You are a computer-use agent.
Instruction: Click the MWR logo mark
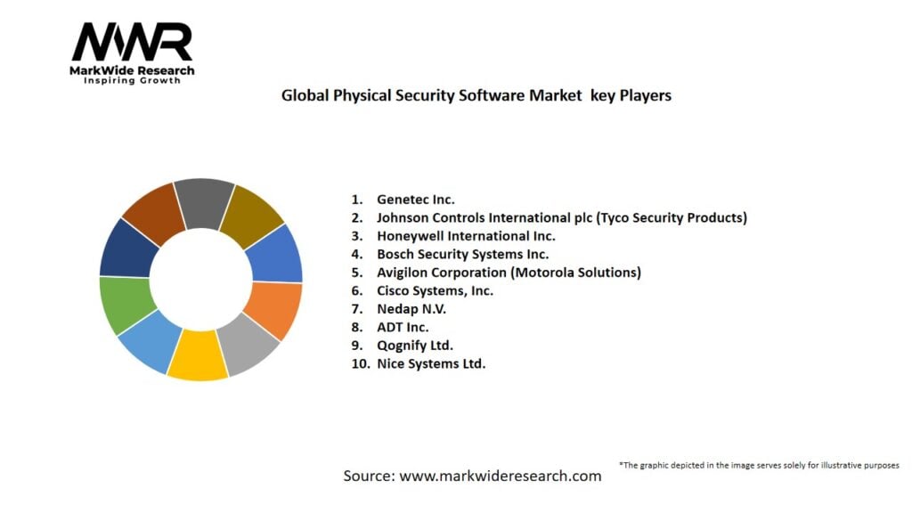click(132, 43)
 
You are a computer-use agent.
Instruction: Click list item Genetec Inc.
click(415, 199)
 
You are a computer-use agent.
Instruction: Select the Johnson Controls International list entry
click(561, 217)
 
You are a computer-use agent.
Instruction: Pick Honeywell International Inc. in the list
click(465, 236)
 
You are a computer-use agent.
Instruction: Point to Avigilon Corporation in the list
click(508, 273)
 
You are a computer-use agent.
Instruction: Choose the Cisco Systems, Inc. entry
click(435, 290)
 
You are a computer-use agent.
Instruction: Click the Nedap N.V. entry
click(411, 309)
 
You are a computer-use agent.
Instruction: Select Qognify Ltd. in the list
click(414, 346)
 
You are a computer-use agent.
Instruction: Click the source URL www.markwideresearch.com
click(500, 476)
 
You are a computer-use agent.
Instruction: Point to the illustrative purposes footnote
click(759, 465)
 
